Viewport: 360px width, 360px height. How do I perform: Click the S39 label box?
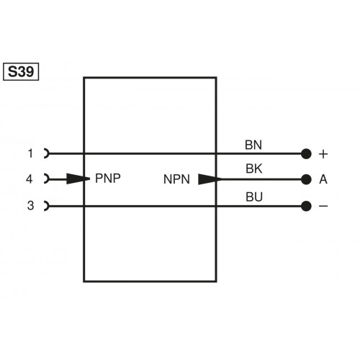pos(22,72)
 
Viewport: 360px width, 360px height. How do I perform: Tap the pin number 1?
pos(30,153)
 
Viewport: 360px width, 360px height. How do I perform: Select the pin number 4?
pos(30,179)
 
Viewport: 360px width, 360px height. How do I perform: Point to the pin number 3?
pos(30,206)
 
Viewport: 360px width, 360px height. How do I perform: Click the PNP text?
pos(107,179)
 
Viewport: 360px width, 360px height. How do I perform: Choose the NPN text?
pos(176,179)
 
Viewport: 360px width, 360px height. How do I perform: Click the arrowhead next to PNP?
pos(79,179)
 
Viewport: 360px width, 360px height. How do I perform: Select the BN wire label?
pos(253,145)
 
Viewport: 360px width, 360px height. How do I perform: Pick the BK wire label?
pos(253,170)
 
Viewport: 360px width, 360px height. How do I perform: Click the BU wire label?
pos(253,197)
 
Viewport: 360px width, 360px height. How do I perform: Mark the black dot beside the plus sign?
pos(306,153)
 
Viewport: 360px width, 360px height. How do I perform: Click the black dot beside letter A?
pos(306,179)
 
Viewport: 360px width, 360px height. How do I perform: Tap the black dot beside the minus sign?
pos(306,206)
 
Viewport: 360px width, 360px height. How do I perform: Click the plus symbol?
pos(323,153)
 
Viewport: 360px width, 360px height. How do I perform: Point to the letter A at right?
pos(323,179)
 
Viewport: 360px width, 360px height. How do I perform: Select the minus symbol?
pos(323,206)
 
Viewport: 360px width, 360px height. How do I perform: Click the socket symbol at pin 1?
pos(47,153)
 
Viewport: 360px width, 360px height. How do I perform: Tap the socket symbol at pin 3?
pos(47,206)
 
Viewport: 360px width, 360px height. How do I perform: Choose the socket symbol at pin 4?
pos(47,179)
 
